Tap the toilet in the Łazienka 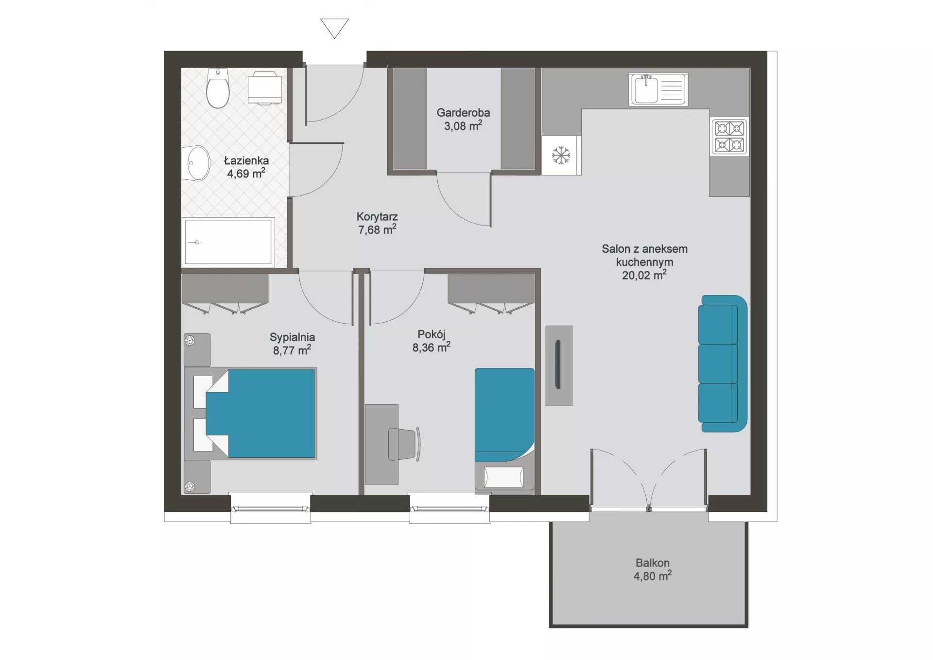pos(218,88)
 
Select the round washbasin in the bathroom pos(196,163)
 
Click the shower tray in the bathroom pos(228,242)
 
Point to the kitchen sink pos(658,89)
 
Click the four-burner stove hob pos(729,137)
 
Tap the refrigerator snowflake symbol pos(561,156)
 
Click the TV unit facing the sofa pos(559,365)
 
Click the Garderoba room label pos(463,113)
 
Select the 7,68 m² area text pos(377,229)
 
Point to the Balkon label pos(653,563)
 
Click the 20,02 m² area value pos(644,275)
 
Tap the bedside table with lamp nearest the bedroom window pos(197,477)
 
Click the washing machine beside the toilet pos(264,87)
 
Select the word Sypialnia pos(292,337)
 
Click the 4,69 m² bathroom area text pos(246,174)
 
